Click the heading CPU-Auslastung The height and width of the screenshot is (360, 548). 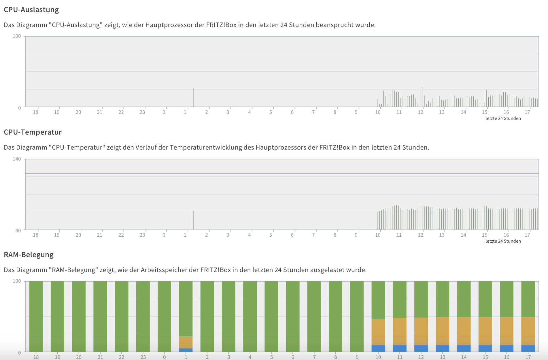tap(31, 10)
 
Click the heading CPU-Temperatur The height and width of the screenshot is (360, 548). tap(33, 132)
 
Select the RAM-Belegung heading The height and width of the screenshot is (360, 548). tap(29, 255)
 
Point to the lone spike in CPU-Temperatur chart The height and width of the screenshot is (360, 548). tap(193, 220)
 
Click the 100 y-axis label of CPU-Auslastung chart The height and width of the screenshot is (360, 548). tap(17, 36)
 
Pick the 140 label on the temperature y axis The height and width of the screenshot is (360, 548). tap(17, 159)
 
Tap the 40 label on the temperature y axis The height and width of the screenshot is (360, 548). tap(18, 230)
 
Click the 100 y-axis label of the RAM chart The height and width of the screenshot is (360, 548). tap(17, 281)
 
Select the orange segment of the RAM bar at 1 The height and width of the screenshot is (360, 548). tap(186, 342)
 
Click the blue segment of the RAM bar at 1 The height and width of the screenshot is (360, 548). tap(186, 350)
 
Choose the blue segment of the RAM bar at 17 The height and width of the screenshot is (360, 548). tap(528, 348)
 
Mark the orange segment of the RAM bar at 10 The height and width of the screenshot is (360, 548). tap(378, 331)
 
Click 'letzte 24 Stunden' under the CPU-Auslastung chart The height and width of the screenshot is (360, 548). tap(503, 118)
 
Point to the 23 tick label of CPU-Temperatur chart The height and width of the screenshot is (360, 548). tap(142, 235)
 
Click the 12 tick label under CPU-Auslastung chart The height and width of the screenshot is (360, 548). tap(421, 112)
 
